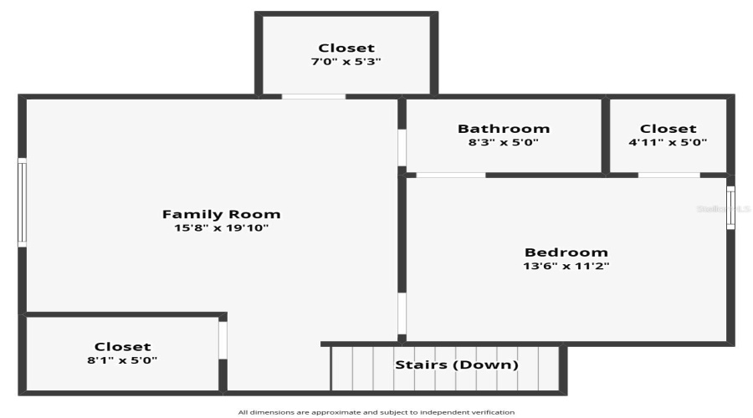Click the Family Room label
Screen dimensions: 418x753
point(221,214)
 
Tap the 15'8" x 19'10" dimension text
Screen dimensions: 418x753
point(221,227)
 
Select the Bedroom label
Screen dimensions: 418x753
point(566,252)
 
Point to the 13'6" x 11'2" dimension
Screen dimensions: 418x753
point(566,266)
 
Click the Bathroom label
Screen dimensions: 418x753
point(504,129)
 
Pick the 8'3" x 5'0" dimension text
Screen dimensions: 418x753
point(504,142)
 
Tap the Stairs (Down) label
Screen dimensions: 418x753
point(457,364)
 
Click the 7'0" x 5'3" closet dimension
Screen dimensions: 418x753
point(346,62)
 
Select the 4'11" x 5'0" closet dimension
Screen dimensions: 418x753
point(668,142)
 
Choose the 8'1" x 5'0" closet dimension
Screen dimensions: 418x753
point(123,360)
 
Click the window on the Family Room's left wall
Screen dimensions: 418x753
point(23,203)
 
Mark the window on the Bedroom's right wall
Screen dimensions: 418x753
point(730,207)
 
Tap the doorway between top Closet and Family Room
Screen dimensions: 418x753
point(313,96)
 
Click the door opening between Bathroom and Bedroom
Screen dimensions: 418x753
point(450,175)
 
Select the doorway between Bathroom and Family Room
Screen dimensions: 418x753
point(402,147)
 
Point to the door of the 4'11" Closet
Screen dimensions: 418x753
point(668,175)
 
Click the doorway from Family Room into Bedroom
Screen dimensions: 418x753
point(402,313)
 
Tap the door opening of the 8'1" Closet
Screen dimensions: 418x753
point(223,339)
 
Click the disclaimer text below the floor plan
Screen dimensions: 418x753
point(376,412)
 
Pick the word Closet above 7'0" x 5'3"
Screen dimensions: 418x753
point(346,48)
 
